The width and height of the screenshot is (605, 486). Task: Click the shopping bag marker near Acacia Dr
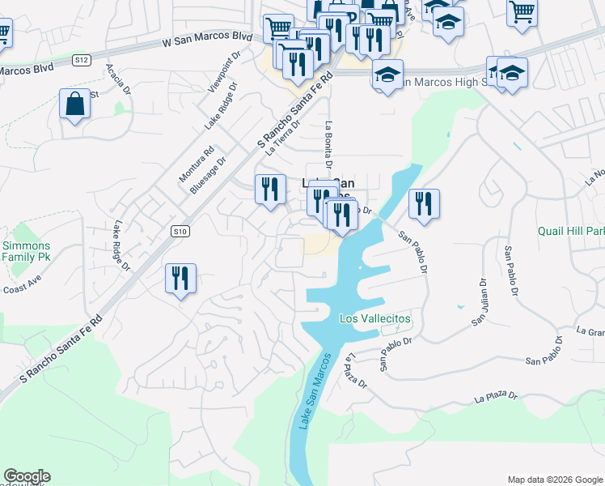(74, 104)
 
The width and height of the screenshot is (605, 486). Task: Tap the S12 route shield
(81, 60)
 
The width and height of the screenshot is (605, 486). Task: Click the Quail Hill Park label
(571, 230)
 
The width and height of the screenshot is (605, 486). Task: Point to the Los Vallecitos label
(374, 319)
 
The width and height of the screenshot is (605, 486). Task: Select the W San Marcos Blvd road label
(207, 38)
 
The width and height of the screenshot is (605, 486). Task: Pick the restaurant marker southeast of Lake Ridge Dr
(180, 278)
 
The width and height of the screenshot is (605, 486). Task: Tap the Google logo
(27, 476)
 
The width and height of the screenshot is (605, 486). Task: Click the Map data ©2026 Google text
(554, 480)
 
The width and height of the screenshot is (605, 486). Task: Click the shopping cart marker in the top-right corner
(522, 12)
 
